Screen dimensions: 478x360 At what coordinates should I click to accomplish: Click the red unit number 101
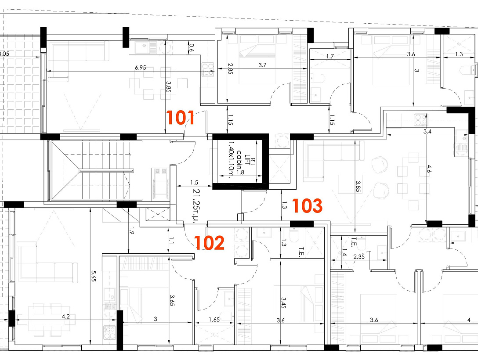click(x=180, y=118)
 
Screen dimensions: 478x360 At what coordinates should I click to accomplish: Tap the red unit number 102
click(x=210, y=243)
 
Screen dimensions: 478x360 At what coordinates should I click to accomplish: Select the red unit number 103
click(x=307, y=206)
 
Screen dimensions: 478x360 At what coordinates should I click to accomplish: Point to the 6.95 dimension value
click(x=141, y=68)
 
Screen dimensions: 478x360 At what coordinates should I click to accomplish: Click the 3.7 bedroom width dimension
click(x=262, y=65)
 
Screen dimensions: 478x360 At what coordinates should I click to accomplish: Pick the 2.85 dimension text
click(x=231, y=69)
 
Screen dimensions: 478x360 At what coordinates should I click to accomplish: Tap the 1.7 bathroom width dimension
click(x=330, y=56)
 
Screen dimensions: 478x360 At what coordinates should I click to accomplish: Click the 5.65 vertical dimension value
click(x=94, y=276)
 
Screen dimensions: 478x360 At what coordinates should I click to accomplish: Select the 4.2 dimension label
click(x=66, y=317)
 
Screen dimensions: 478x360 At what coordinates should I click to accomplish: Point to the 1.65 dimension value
click(x=214, y=320)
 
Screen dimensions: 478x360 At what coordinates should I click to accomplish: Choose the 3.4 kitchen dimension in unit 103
click(x=427, y=132)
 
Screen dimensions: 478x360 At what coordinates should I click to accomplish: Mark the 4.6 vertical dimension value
click(x=429, y=169)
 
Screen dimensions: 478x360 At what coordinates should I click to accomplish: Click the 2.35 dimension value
click(x=359, y=256)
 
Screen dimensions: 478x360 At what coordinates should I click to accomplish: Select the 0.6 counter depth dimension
click(x=192, y=47)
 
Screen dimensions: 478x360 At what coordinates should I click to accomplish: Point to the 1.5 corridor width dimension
click(x=194, y=183)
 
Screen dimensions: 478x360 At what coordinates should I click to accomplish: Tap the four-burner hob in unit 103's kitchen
click(x=421, y=120)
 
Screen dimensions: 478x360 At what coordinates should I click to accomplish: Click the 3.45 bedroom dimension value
click(x=283, y=303)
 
